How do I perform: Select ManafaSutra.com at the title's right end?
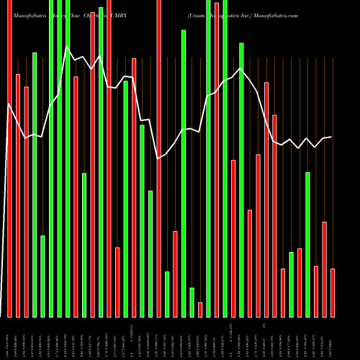[274, 14]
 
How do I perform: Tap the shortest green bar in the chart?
[192, 302]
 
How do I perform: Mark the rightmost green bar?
[307, 244]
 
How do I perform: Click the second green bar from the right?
[291, 284]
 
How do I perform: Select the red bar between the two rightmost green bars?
[300, 282]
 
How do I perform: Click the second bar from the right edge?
[324, 269]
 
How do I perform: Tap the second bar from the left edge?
[18, 195]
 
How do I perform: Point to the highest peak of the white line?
[67, 48]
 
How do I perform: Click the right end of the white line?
[331, 137]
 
